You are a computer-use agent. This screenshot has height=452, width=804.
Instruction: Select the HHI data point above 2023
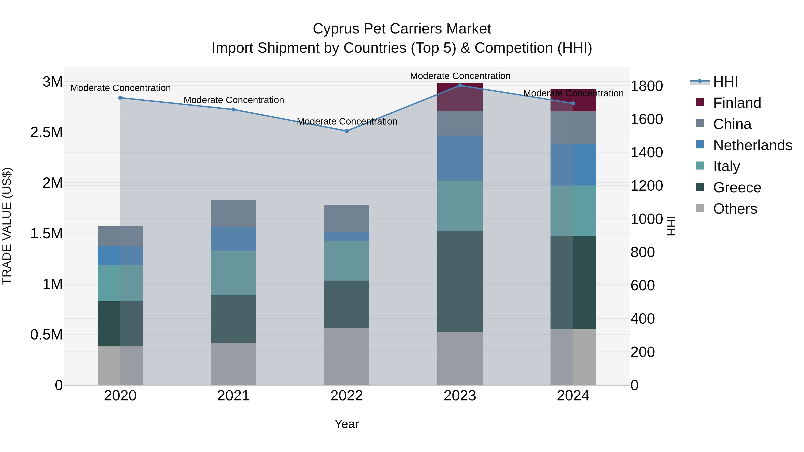coord(460,85)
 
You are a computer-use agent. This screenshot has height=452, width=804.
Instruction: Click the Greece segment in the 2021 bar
coord(233,319)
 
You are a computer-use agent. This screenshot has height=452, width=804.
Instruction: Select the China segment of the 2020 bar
coord(120,236)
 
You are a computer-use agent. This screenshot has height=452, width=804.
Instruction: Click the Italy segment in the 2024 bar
coord(573,210)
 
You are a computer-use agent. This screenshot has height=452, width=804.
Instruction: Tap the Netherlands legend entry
coord(752,145)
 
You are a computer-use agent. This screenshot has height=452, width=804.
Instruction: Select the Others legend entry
coord(735,209)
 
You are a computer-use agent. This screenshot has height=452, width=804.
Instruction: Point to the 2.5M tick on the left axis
coord(46,132)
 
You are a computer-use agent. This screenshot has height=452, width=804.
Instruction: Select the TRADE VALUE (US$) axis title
coord(7,226)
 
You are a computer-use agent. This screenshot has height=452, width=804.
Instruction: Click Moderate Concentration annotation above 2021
coord(234,100)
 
